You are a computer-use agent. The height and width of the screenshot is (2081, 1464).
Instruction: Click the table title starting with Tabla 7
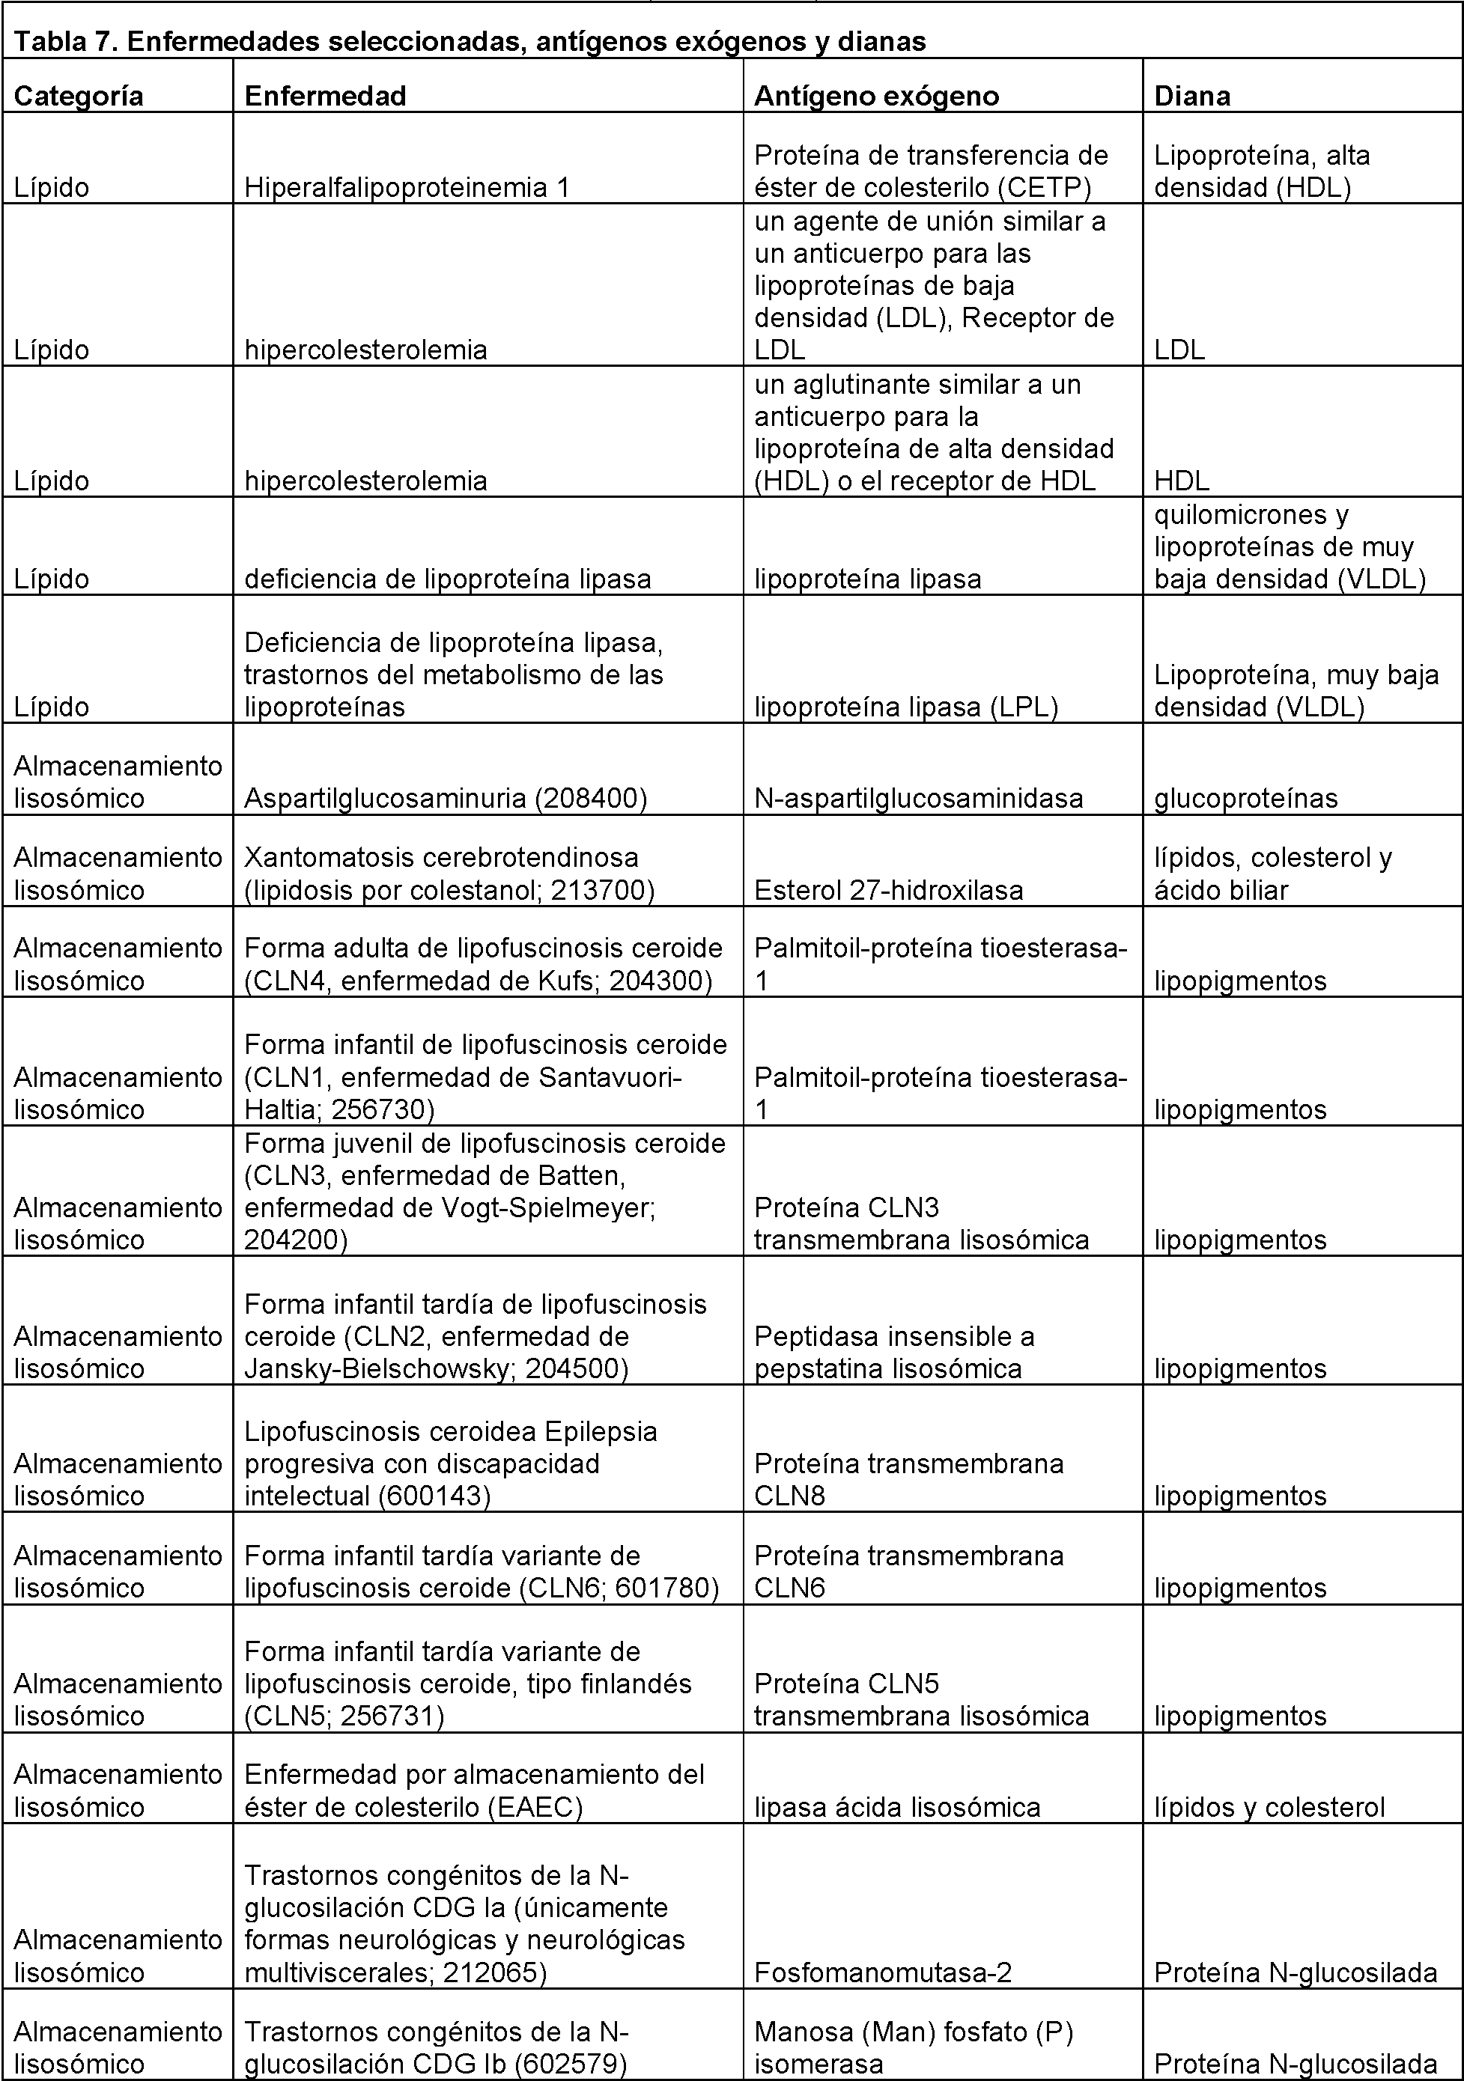pos(470,42)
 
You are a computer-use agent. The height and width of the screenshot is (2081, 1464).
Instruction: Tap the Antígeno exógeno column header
pos(877,96)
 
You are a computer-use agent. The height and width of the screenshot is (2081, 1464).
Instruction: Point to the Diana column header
pos(1192,96)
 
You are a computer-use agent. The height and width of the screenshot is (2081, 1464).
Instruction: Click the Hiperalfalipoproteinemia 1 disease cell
pos(407,188)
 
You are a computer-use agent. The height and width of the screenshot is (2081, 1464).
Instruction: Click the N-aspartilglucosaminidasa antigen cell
pos(918,798)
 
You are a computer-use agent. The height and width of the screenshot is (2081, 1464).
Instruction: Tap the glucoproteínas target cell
pos(1245,798)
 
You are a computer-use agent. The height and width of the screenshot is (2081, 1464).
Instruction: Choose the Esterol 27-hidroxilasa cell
pos(888,890)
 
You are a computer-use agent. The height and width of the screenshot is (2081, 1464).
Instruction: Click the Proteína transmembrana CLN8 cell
pos(908,1479)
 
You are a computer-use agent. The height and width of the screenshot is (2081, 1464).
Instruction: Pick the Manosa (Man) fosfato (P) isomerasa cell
pos(914,2047)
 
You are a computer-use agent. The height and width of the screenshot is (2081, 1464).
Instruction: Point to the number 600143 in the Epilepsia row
pos(431,1496)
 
